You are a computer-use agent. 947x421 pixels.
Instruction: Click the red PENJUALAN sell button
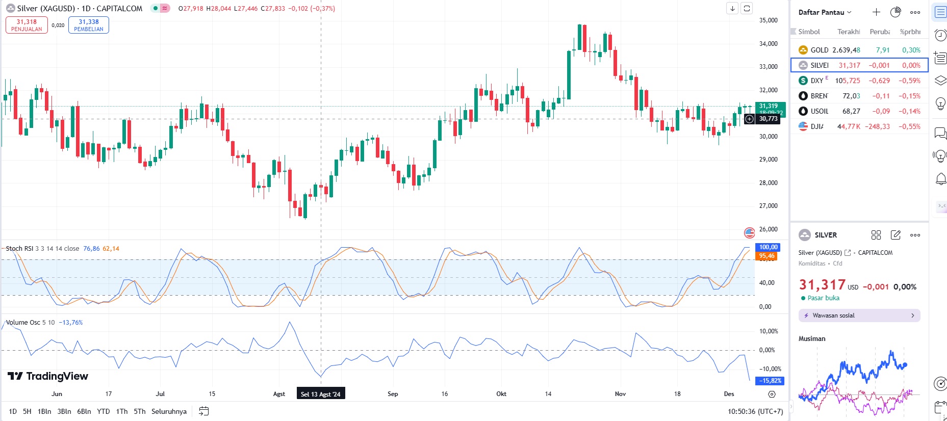tap(27, 25)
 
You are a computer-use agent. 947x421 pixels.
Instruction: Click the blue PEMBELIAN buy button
tap(89, 25)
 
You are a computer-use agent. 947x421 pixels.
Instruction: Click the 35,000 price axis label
tap(768, 20)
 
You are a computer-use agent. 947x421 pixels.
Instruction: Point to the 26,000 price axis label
tap(768, 229)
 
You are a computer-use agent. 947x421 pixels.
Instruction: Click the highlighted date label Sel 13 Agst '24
tap(320, 394)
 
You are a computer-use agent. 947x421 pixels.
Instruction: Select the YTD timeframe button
tap(104, 411)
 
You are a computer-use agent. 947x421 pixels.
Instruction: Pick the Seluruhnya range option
tap(169, 411)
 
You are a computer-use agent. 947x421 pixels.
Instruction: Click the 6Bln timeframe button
tap(84, 411)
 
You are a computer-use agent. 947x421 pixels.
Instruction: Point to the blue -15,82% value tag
tap(770, 381)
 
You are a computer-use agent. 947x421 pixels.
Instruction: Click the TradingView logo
tap(48, 376)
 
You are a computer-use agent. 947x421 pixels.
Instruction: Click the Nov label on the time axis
tap(620, 394)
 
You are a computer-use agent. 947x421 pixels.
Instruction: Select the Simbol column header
tap(809, 32)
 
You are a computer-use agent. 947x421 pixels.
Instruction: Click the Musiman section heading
tap(811, 338)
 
